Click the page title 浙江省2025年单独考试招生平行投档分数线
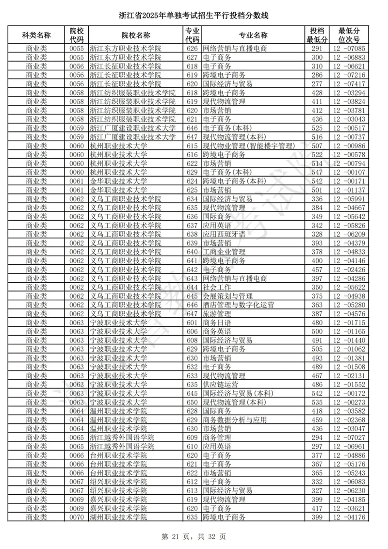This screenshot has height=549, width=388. pyautogui.click(x=194, y=16)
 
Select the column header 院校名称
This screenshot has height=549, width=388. pyautogui.click(x=135, y=35)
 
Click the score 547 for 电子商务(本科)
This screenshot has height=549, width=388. pyautogui.click(x=317, y=172)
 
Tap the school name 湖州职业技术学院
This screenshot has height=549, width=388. pyautogui.click(x=118, y=517)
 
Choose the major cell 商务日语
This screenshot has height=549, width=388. pyautogui.click(x=217, y=323)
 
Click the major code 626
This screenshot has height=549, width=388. pyautogui.click(x=192, y=48)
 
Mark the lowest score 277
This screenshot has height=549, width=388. pyautogui.click(x=317, y=84)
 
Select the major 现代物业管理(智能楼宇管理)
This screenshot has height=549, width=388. pyautogui.click(x=248, y=145)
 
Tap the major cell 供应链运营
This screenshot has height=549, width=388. pyautogui.click(x=220, y=385)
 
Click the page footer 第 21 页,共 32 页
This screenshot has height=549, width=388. pyautogui.click(x=194, y=536)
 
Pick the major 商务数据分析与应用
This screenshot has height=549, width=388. pyautogui.click(x=234, y=420)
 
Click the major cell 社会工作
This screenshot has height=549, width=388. pyautogui.click(x=217, y=287)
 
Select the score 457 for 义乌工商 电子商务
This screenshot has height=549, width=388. pyautogui.click(x=317, y=269)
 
